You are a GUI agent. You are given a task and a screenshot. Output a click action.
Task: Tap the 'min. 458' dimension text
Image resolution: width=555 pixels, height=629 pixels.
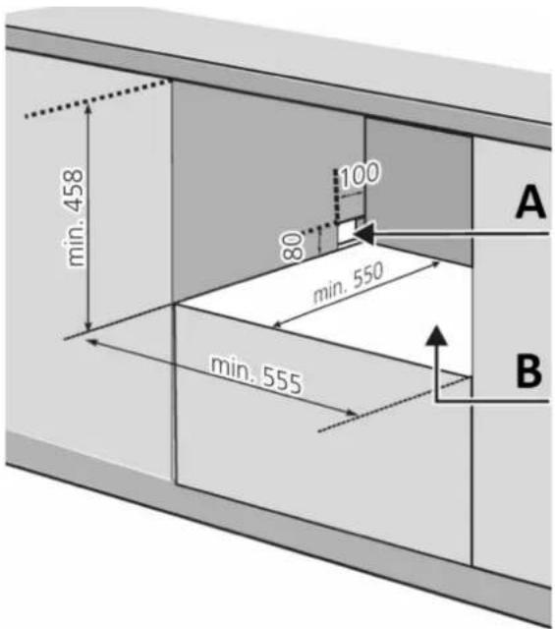(x=74, y=217)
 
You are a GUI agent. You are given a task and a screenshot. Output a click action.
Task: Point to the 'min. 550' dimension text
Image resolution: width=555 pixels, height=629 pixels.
(x=348, y=282)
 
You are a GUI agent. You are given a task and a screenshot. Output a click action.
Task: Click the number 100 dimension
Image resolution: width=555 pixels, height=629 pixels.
(x=360, y=175)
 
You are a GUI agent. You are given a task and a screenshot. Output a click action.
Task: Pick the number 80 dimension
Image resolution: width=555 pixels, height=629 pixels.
(x=292, y=246)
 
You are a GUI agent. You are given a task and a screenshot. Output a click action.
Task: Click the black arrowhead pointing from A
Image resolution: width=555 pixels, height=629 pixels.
(x=364, y=233)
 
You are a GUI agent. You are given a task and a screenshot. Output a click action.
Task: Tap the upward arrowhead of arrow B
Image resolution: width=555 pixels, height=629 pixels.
(x=437, y=335)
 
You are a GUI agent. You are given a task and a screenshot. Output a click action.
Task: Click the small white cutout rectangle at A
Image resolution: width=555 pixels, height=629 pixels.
(x=346, y=232)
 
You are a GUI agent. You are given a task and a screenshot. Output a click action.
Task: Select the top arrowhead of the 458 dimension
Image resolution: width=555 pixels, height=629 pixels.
(x=87, y=107)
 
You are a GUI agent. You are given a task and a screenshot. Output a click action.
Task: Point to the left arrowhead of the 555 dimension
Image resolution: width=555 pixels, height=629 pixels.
(x=92, y=342)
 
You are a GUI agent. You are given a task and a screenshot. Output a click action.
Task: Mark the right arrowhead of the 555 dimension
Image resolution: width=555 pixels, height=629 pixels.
(x=352, y=413)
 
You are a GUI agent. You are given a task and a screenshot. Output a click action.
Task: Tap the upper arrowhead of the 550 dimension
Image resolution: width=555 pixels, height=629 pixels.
(x=434, y=264)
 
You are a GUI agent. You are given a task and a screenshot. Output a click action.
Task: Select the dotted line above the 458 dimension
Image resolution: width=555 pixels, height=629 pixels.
(x=96, y=99)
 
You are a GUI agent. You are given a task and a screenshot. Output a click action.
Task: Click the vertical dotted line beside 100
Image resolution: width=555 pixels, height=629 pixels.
(x=336, y=196)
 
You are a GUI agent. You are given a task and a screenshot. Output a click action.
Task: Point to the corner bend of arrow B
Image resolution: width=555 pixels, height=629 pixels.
(x=437, y=401)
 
